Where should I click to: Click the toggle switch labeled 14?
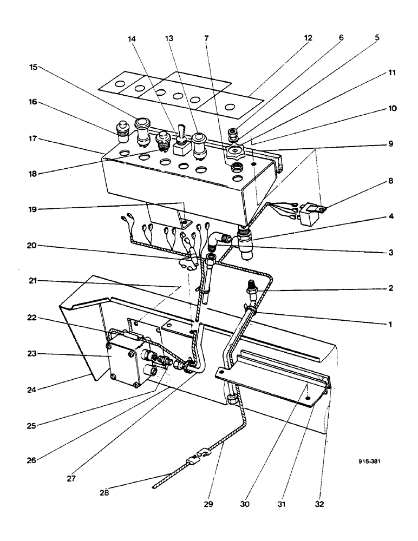pos(181,138)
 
